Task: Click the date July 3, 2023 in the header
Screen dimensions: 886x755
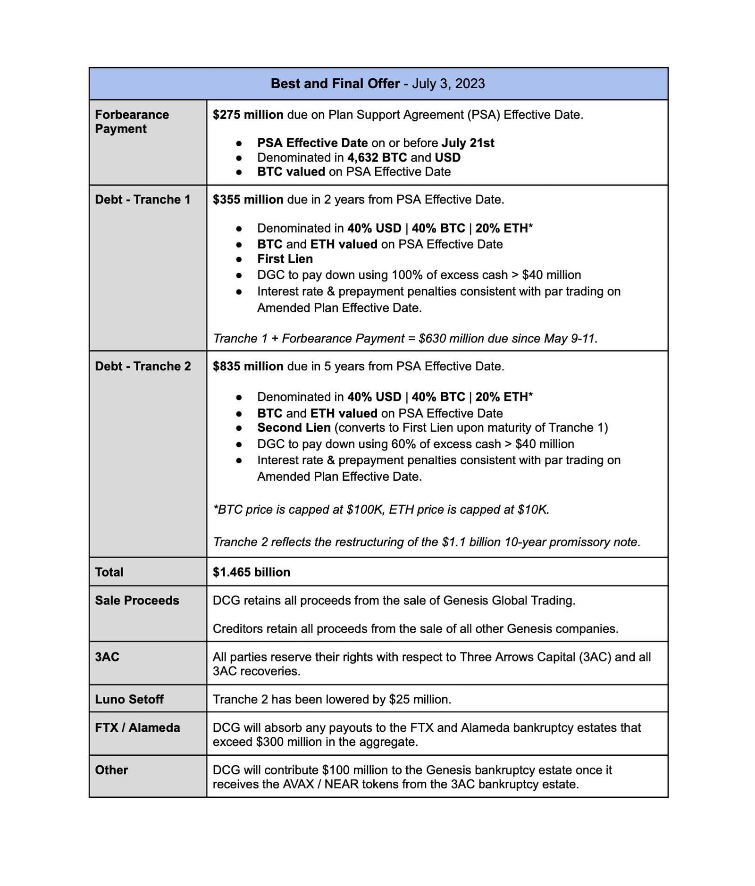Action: click(448, 84)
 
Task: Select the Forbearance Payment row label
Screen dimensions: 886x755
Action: click(132, 122)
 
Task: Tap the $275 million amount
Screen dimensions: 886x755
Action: click(248, 115)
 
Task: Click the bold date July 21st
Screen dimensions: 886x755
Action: click(468, 143)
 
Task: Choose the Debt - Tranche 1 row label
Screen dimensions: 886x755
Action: click(143, 200)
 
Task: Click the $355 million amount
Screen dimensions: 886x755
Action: click(248, 200)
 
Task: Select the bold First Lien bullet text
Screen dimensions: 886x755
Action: click(285, 259)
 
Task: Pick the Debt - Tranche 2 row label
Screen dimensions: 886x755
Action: click(143, 367)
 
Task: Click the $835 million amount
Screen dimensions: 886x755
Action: click(248, 367)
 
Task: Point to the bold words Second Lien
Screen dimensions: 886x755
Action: click(294, 428)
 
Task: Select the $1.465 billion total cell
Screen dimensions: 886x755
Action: click(251, 572)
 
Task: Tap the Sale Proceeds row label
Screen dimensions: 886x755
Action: click(137, 601)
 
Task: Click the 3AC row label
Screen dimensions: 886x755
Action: click(107, 657)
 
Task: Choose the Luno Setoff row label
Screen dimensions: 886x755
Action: click(129, 700)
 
